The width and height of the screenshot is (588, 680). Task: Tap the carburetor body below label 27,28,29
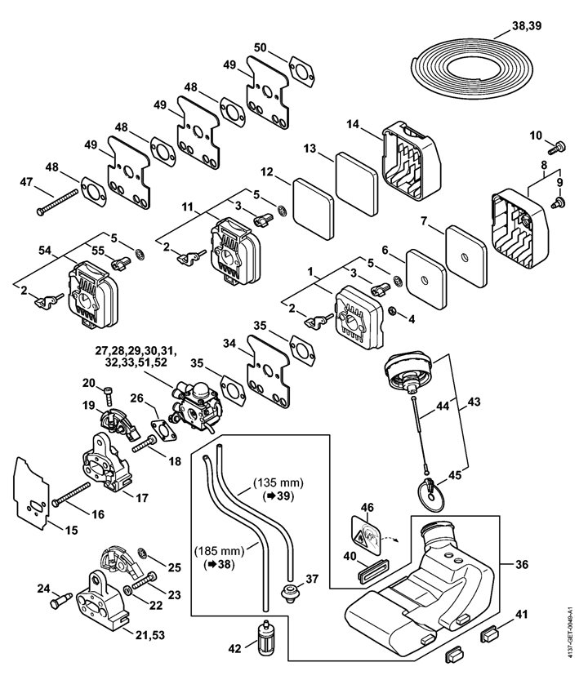(x=198, y=405)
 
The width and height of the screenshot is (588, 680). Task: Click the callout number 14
(x=353, y=124)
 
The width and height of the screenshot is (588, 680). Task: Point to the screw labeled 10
(x=557, y=148)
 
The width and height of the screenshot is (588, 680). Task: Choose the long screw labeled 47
(x=58, y=203)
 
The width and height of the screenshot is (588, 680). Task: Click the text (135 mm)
(x=278, y=482)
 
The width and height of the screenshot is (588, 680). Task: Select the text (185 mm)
(x=219, y=551)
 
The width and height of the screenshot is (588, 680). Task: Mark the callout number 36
(x=522, y=564)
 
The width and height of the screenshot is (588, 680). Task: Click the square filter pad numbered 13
(x=357, y=184)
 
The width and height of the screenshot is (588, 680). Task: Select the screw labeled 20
(x=108, y=397)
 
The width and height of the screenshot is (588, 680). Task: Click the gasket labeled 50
(x=302, y=71)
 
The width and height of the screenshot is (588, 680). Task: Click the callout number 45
(x=455, y=475)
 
